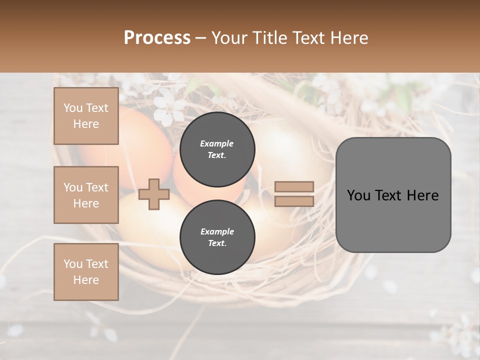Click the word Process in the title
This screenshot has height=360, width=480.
coord(157,38)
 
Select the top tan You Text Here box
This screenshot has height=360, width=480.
coord(86,116)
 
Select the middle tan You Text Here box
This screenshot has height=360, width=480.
coord(86,195)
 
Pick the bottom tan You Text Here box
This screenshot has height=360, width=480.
coord(86,272)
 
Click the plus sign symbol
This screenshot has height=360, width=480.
coord(154,194)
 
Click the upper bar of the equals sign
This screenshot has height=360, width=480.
coord(294,186)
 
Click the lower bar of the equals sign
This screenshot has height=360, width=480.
coord(294,201)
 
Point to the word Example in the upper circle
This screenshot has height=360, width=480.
coord(217,143)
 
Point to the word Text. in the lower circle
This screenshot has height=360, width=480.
coord(217,243)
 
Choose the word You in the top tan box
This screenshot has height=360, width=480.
coord(73,108)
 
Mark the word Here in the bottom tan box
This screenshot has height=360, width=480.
coord(86,280)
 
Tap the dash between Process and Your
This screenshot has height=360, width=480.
coord(200,38)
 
